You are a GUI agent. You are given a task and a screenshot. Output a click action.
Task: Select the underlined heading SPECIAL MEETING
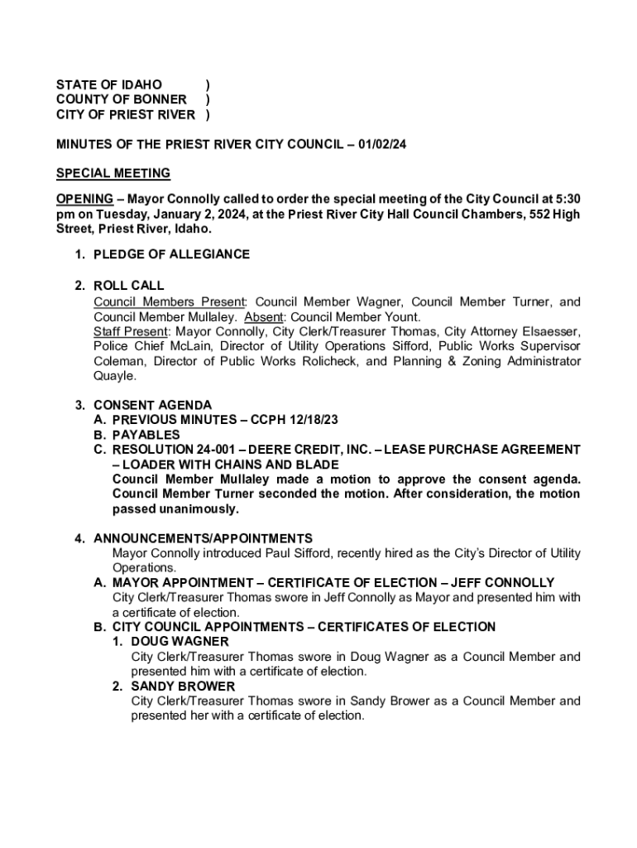click(x=113, y=173)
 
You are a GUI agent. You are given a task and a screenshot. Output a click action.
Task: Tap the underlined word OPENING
click(x=84, y=199)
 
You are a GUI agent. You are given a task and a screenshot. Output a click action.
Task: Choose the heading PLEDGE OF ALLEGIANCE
click(x=171, y=254)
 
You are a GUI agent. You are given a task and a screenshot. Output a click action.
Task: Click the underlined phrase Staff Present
click(x=130, y=331)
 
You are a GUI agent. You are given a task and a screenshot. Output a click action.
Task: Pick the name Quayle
click(x=114, y=376)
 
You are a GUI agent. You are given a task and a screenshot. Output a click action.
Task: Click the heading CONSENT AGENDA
click(x=152, y=405)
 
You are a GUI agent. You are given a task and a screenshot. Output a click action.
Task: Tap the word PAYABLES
click(x=146, y=435)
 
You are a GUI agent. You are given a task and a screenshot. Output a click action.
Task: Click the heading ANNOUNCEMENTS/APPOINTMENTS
click(x=203, y=538)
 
